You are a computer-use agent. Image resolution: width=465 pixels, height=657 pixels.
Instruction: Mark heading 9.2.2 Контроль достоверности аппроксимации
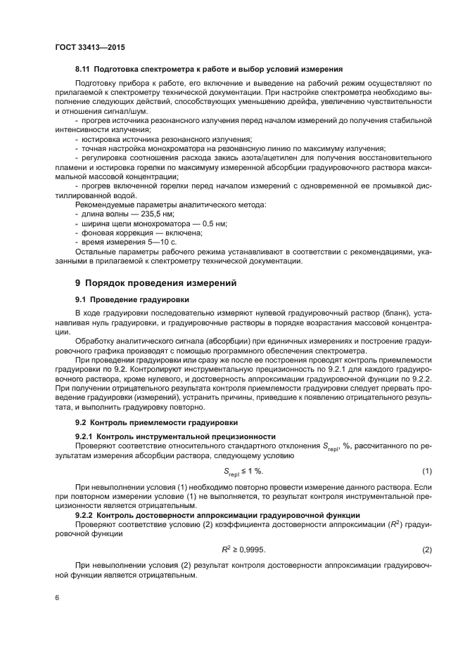pos(218,515)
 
